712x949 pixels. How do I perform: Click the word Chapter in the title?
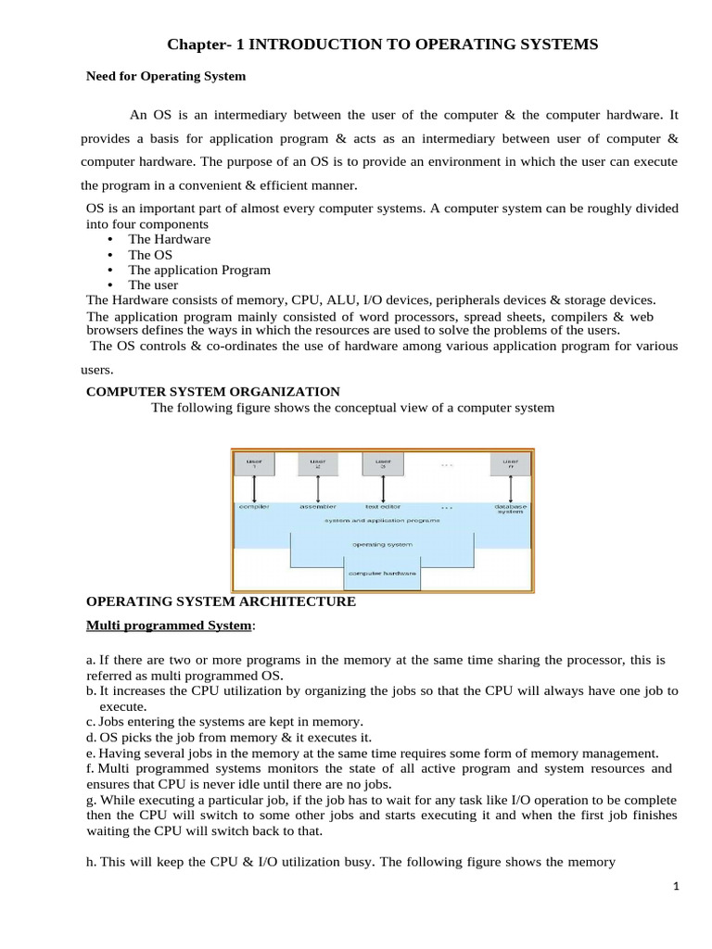coord(197,44)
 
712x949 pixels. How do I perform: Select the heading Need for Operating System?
coord(166,76)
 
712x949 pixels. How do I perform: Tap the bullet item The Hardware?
coord(169,239)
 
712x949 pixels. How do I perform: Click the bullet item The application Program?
coord(199,270)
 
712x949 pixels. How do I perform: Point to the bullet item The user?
coord(153,285)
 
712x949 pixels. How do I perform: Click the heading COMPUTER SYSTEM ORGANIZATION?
coord(212,392)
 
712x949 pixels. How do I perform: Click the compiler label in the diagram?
coord(254,507)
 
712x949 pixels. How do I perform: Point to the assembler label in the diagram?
coord(317,507)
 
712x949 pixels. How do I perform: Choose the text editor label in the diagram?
coord(383,507)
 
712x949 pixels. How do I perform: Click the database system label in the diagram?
coord(510,510)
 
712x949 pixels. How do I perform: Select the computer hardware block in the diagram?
coord(382,574)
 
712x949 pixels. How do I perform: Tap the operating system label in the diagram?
coord(382,544)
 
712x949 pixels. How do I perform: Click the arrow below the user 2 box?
coord(317,488)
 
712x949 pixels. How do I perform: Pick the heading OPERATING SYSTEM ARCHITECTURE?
coord(221,601)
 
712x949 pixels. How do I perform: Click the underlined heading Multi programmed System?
coord(169,626)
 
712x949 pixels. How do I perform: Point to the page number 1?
coord(677,887)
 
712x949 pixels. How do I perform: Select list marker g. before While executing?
coord(90,800)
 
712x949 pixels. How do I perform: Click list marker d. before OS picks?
coord(90,738)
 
